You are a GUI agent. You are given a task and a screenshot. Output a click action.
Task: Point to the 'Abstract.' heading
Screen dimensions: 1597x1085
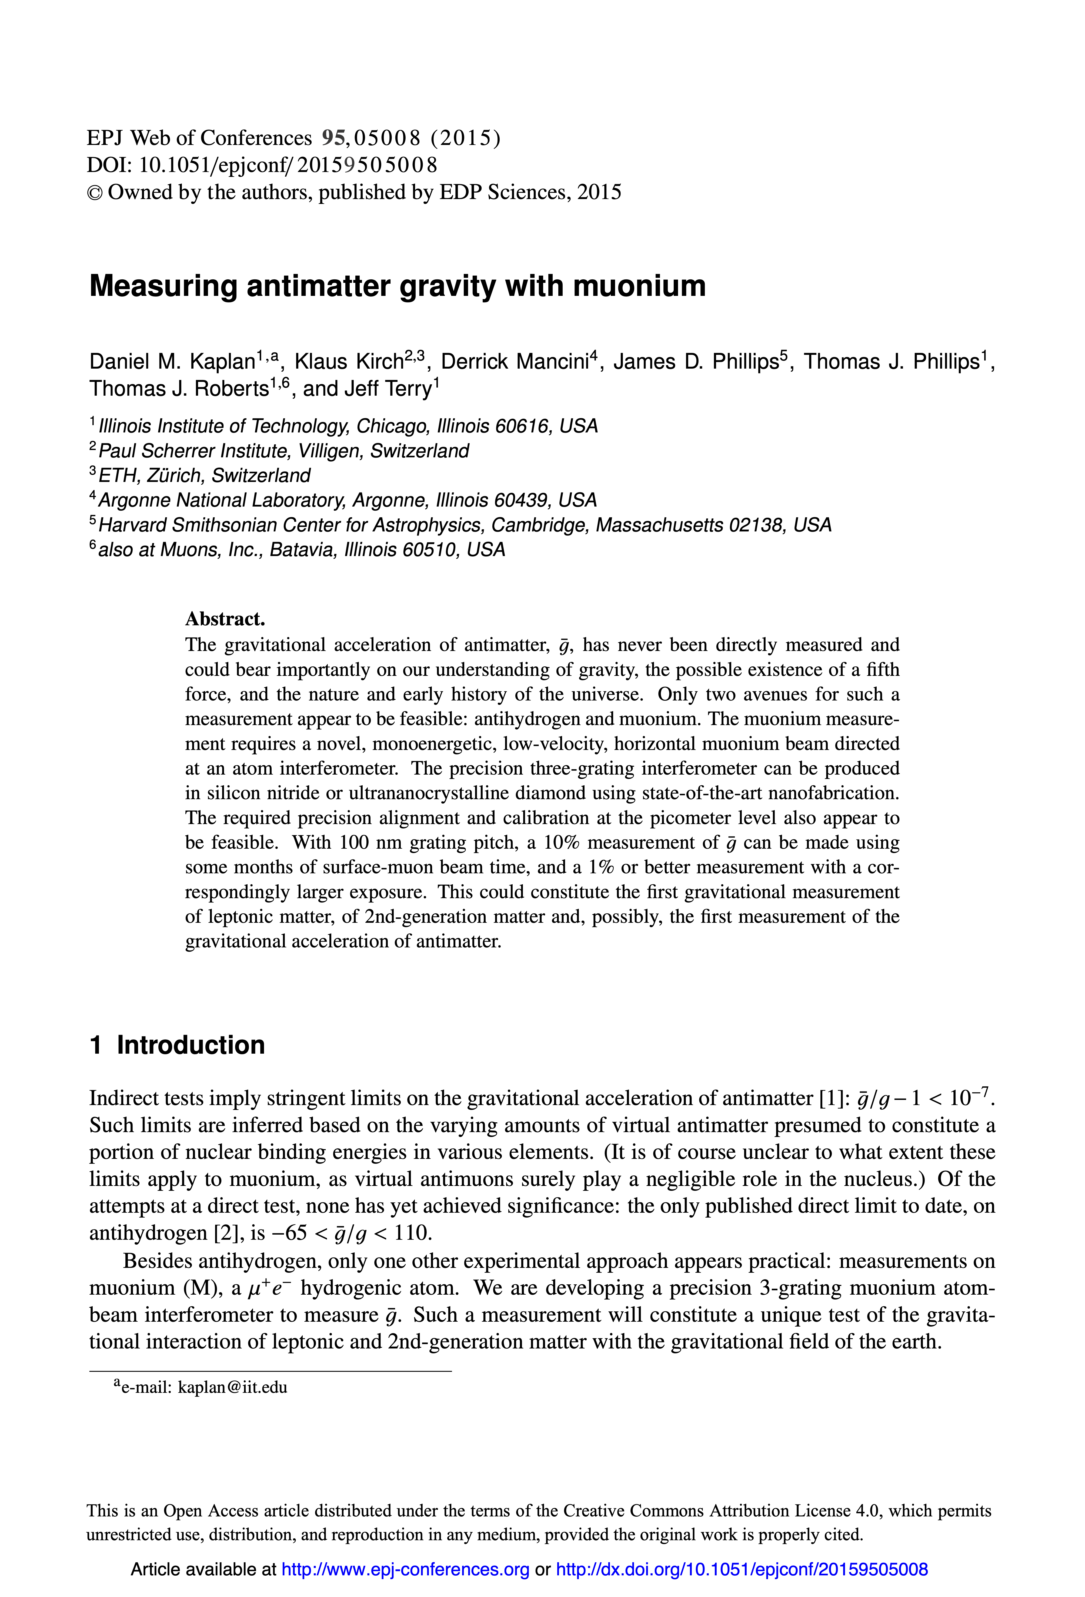[225, 619]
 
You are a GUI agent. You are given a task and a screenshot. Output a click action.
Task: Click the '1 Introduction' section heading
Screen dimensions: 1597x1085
[177, 1045]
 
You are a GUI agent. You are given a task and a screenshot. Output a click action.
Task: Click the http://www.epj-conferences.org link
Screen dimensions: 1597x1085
[406, 1569]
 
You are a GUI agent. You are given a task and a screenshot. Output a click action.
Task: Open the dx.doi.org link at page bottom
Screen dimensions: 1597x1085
[742, 1569]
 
